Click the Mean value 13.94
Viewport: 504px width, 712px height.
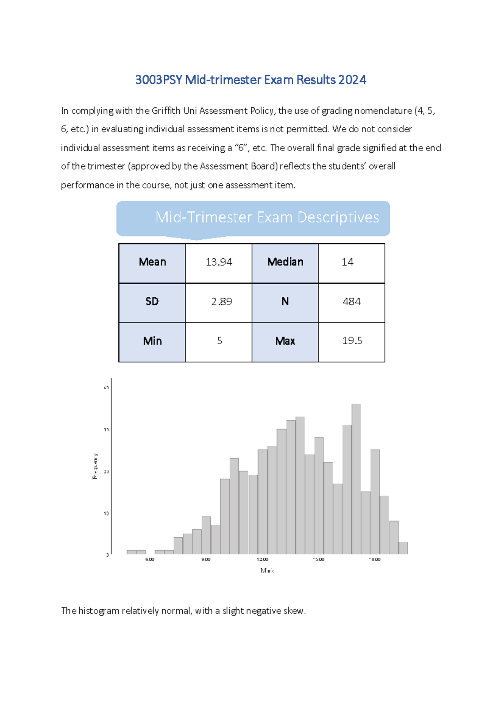[219, 262]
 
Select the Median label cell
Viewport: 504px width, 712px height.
[285, 262]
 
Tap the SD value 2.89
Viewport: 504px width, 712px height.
[221, 302]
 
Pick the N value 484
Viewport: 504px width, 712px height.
[352, 302]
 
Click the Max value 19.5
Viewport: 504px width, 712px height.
[352, 341]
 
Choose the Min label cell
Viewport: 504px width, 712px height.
[152, 341]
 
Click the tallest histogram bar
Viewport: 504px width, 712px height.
[356, 479]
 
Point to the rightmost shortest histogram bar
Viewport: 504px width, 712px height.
[403, 548]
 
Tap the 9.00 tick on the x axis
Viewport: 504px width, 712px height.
[206, 560]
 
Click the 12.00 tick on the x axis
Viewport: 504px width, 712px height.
[262, 560]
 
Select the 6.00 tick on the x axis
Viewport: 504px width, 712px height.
[150, 560]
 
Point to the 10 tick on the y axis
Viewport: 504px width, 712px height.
[106, 513]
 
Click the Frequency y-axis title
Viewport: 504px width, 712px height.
[95, 466]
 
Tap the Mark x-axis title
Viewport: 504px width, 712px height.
[267, 571]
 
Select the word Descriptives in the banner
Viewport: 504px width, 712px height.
[338, 217]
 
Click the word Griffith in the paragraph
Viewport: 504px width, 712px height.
[166, 111]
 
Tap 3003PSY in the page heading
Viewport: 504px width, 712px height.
[159, 80]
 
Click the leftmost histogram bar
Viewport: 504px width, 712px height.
[131, 552]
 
